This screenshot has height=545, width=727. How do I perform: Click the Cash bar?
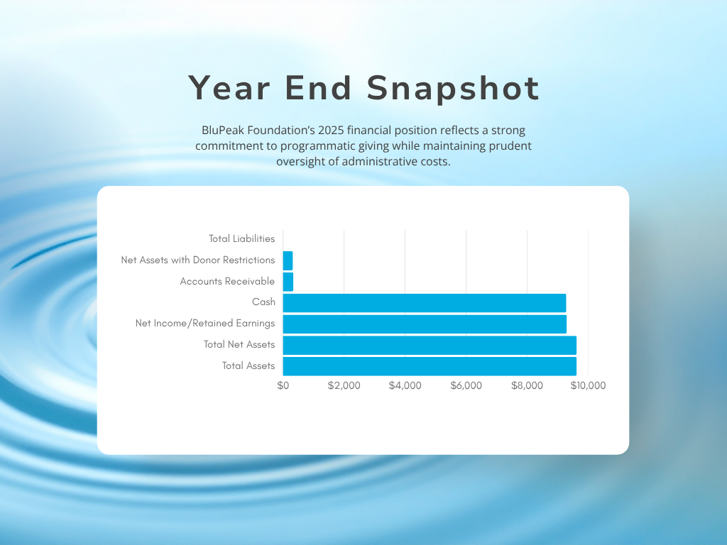(x=425, y=303)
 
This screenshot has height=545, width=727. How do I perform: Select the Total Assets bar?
(x=430, y=366)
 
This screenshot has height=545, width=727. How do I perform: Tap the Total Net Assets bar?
(x=430, y=346)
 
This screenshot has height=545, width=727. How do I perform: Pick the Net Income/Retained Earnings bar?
(x=425, y=324)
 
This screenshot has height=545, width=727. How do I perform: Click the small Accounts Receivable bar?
(x=288, y=282)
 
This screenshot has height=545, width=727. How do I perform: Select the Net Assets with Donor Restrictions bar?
(x=288, y=261)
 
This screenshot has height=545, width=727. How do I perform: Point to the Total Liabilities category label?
(x=241, y=238)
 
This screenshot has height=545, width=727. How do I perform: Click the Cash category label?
(x=263, y=302)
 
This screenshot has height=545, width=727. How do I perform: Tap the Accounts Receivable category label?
(x=227, y=281)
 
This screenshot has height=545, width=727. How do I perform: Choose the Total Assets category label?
(x=248, y=365)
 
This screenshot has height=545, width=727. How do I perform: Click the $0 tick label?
(x=283, y=385)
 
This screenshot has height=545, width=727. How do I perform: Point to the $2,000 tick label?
(x=344, y=385)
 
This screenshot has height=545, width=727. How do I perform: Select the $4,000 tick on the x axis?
(x=405, y=385)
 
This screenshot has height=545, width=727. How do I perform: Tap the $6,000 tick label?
(x=466, y=385)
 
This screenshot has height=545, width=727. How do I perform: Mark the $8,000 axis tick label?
(x=528, y=385)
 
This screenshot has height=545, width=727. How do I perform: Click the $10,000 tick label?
(x=588, y=385)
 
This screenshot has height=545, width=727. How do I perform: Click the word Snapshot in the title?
(x=453, y=89)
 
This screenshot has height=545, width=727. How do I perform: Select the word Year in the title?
(x=229, y=88)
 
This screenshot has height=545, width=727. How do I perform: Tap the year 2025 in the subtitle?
(x=331, y=131)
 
